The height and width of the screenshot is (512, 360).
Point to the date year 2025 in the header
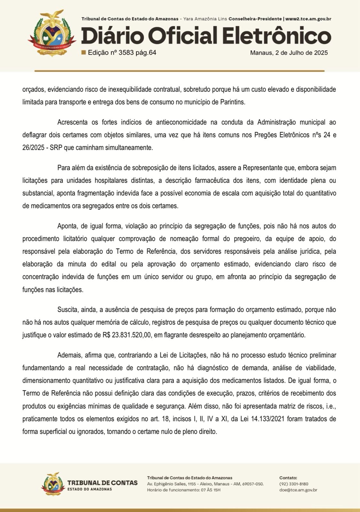point(321,53)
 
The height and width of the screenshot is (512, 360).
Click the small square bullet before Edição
point(84,52)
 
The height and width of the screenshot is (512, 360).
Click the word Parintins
point(232,102)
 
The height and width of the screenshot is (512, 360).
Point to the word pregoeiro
point(243,239)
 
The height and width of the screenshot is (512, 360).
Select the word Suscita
point(67,310)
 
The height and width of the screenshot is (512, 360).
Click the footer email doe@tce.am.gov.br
point(298,490)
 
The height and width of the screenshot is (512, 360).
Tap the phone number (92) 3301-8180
point(294,484)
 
